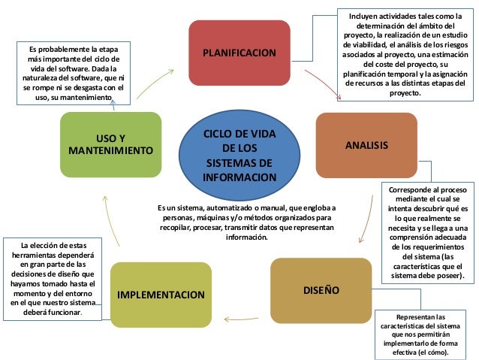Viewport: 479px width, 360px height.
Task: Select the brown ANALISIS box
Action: click(366, 144)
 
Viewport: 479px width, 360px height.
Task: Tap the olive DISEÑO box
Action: click(321, 289)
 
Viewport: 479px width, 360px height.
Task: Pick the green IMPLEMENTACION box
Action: click(161, 293)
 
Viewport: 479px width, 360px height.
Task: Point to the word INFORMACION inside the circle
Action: click(239, 178)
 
